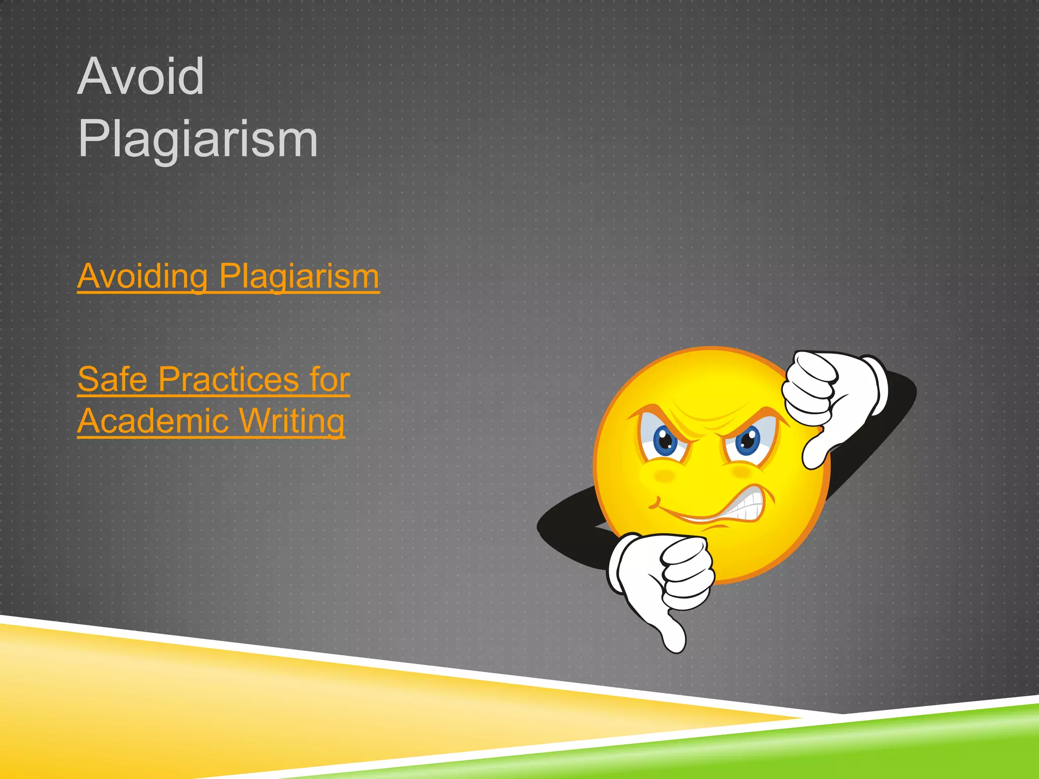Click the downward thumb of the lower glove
pyautogui.click(x=672, y=634)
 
